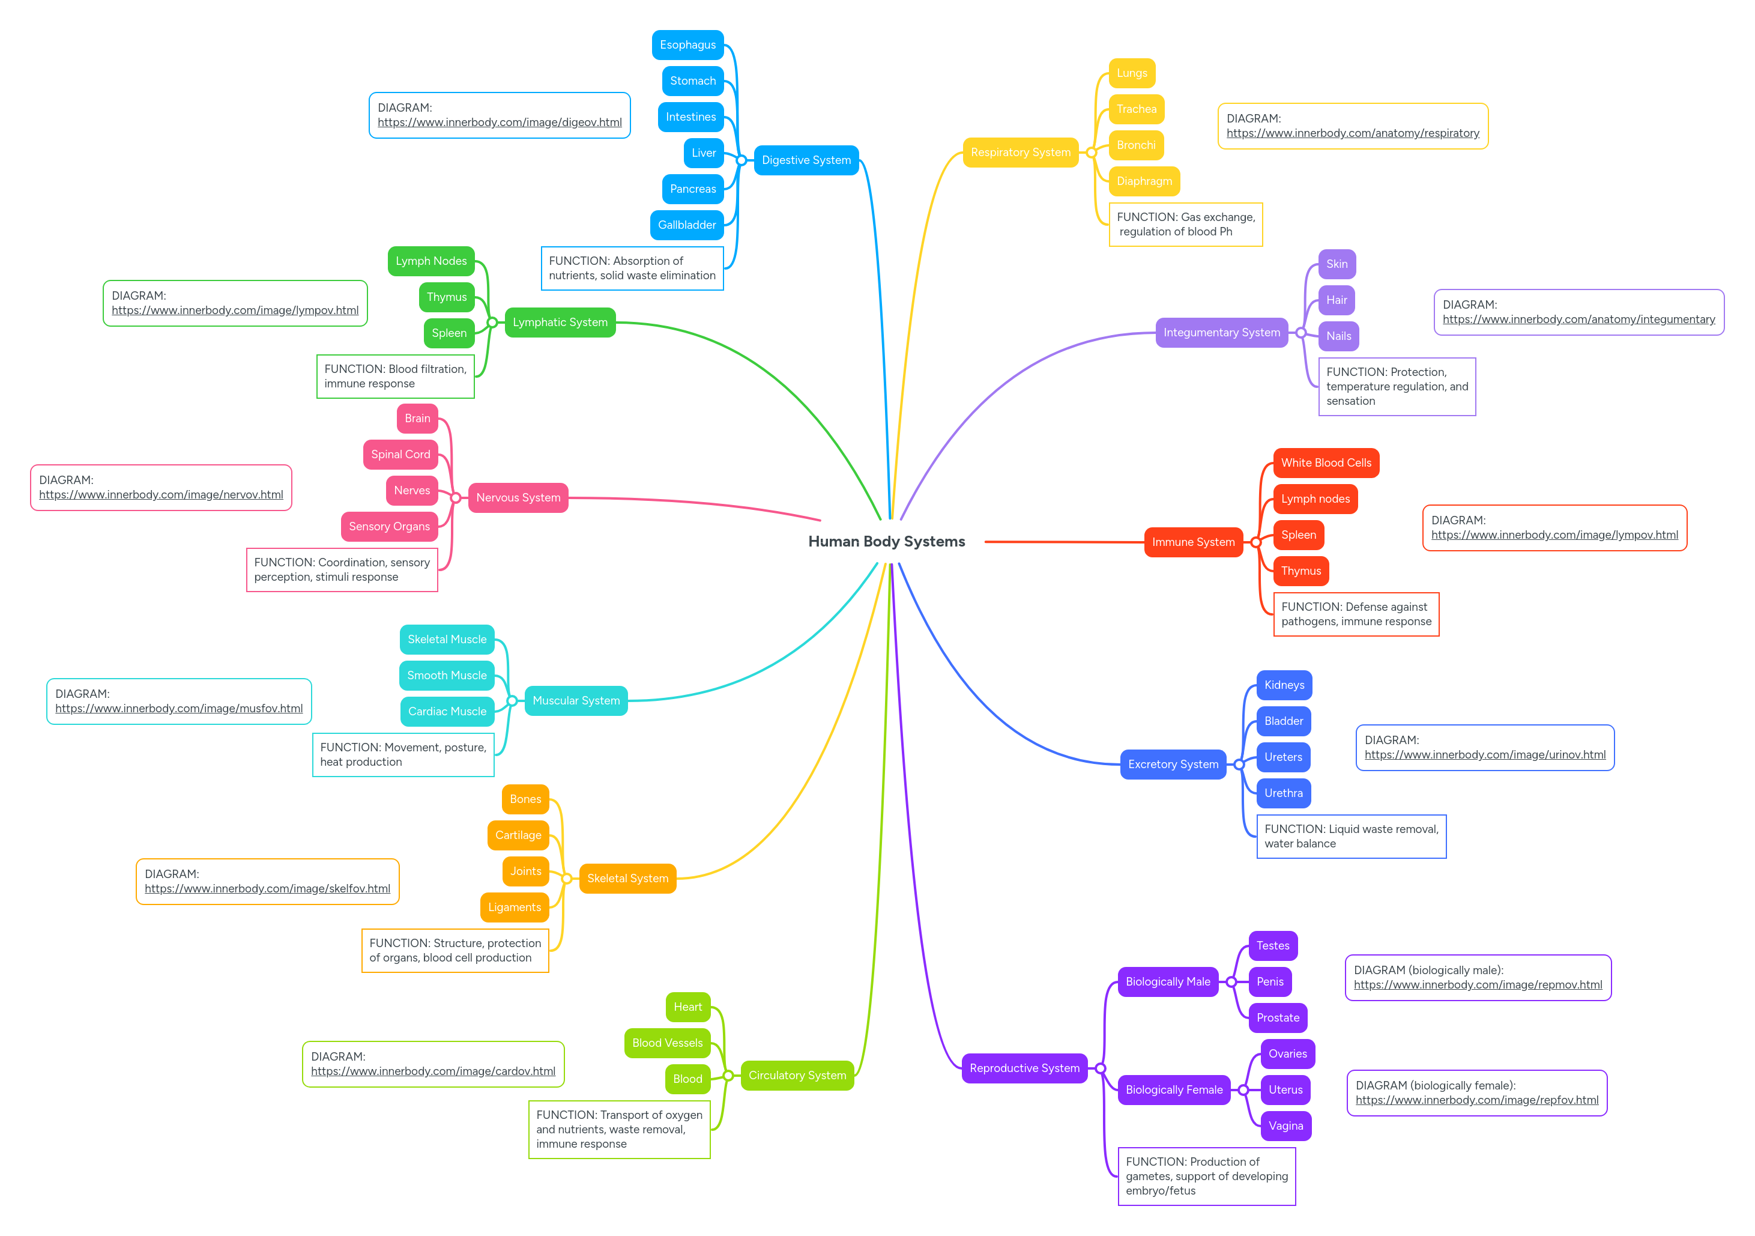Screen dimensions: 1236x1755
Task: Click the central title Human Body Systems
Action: (886, 541)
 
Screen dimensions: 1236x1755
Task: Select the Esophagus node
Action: (687, 45)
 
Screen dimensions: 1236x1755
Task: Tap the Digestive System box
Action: (806, 160)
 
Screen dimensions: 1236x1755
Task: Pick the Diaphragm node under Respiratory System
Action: (1144, 181)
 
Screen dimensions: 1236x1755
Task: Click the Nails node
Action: (1338, 336)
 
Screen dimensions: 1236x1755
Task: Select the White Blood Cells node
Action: (1326, 463)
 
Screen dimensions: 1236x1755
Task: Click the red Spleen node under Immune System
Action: (1298, 535)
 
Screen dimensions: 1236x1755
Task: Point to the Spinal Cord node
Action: (400, 455)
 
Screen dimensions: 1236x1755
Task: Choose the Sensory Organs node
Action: (389, 527)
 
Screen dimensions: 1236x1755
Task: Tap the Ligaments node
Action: (514, 907)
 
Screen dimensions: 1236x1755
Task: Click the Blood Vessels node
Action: (666, 1043)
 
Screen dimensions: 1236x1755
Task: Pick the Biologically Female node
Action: (1173, 1090)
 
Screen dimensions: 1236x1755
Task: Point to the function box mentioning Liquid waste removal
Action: (1351, 836)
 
